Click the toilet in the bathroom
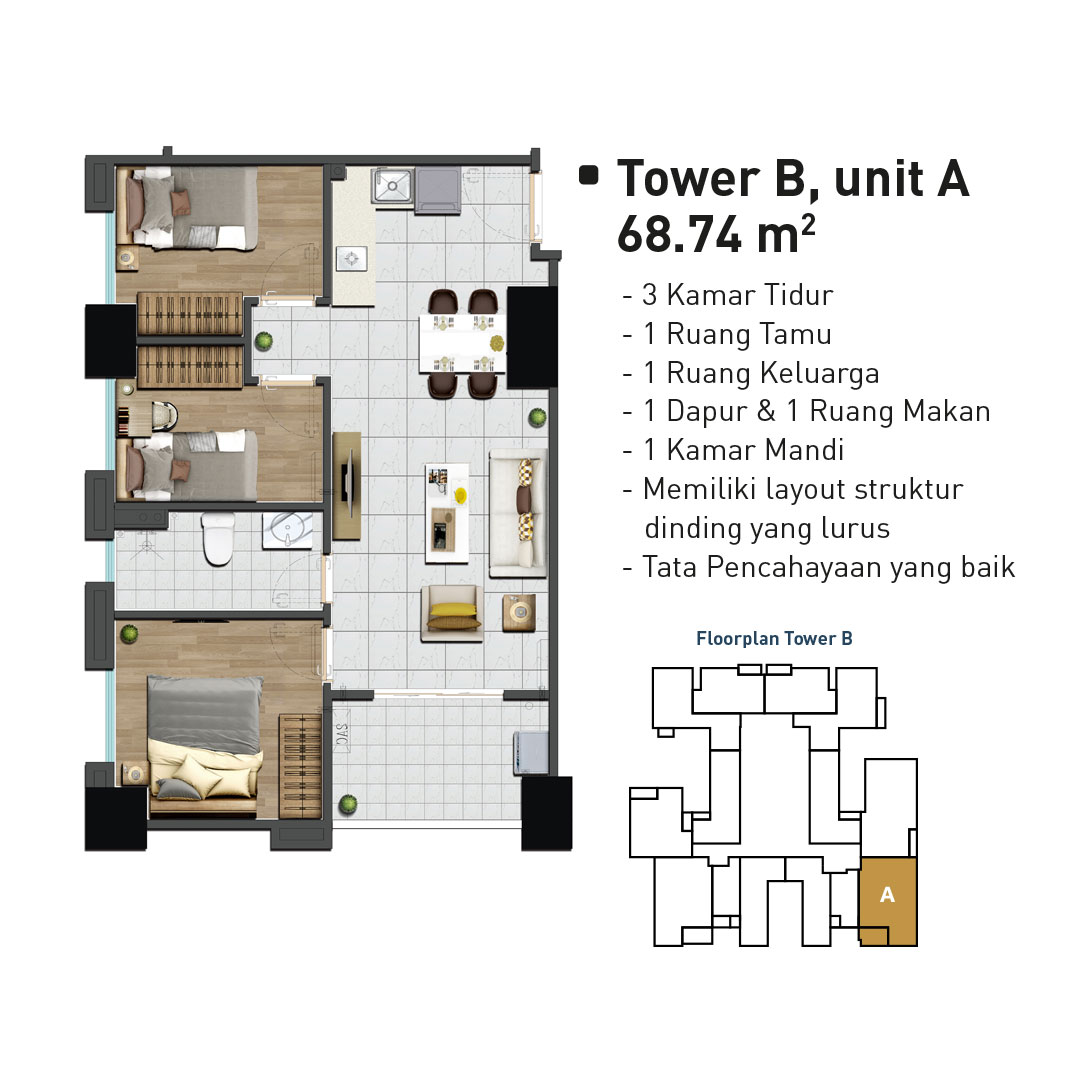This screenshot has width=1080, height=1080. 218,539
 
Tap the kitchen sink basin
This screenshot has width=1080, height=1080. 392,185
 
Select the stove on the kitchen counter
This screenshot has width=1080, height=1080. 351,259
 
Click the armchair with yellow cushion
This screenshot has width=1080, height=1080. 452,613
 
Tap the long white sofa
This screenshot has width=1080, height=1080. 518,513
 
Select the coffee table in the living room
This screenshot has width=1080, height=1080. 447,512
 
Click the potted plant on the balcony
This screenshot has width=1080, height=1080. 348,804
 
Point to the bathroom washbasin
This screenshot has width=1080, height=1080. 288,530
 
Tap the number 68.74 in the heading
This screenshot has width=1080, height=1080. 679,235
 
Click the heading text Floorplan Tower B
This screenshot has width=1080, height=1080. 774,638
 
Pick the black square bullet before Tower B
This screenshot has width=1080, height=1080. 588,175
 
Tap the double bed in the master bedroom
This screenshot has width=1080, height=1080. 205,745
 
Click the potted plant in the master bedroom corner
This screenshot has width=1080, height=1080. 129,632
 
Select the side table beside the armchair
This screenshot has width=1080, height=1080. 519,612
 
